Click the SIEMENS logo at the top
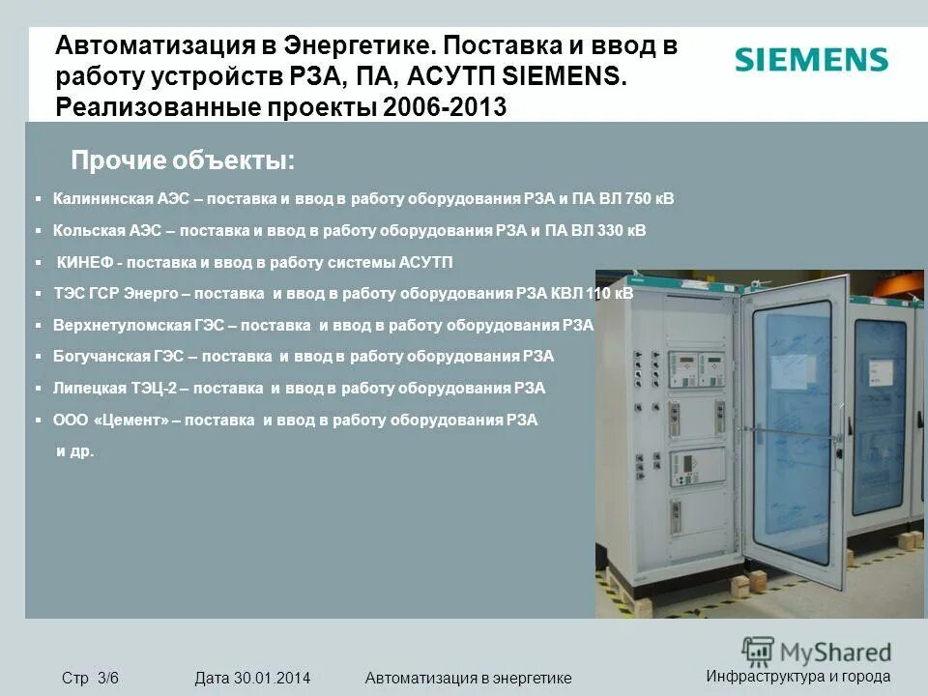pos(811,60)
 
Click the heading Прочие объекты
pos(183,159)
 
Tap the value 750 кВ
pos(650,199)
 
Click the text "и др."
pos(75,451)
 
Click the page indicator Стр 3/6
pos(90,678)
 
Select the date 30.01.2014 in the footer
pos(272,678)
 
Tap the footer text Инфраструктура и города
pos(797,676)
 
